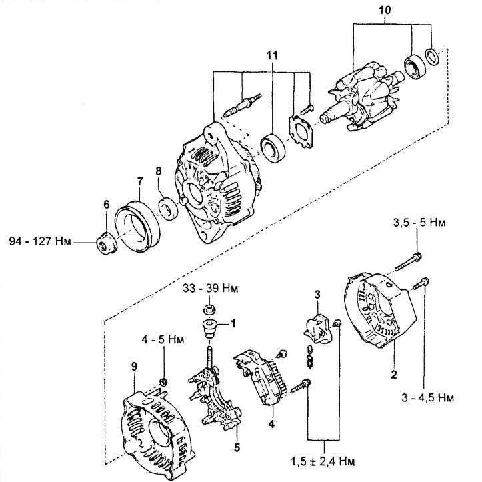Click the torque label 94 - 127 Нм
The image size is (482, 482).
pos(40,241)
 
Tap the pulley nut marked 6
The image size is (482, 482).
pos(107,244)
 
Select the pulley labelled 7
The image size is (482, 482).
pos(137,226)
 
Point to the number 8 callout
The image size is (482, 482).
pos(158,171)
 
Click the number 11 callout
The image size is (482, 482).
pos(272,55)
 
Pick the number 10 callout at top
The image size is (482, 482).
pos(385,10)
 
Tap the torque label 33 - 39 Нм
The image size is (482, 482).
pos(210,289)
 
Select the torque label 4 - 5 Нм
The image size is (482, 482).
pos(163,340)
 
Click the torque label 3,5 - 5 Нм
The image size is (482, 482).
pos(419,222)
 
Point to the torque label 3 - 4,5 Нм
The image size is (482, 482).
pos(427,397)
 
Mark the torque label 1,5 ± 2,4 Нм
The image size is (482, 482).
pos(323,461)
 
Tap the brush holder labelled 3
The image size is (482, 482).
pos(318,329)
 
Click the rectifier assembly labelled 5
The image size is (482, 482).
pos(215,399)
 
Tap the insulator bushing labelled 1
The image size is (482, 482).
pos(210,328)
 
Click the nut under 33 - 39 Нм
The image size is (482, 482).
pos(209,309)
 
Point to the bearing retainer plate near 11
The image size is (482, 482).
pos(301,131)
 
